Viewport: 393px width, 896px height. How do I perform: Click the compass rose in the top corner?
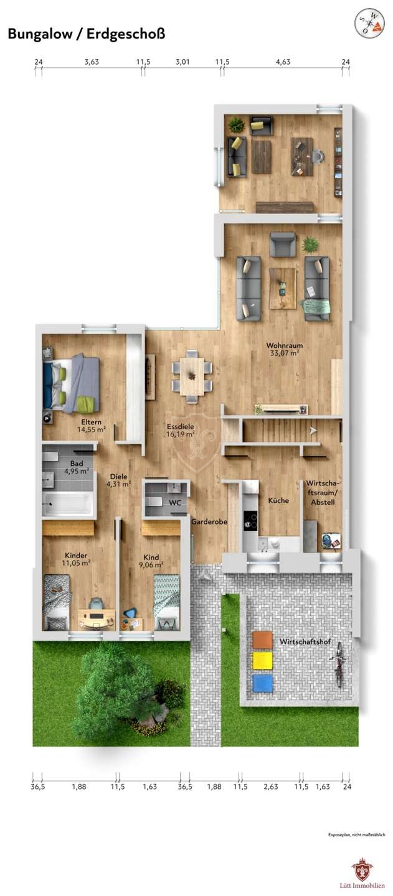369,24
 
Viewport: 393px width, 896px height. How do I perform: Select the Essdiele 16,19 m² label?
181,430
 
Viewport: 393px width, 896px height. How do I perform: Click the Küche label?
278,500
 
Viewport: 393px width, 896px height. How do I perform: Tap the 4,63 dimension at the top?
283,62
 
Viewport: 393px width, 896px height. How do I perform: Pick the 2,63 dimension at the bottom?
270,786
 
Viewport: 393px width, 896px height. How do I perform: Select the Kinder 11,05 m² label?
76,559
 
